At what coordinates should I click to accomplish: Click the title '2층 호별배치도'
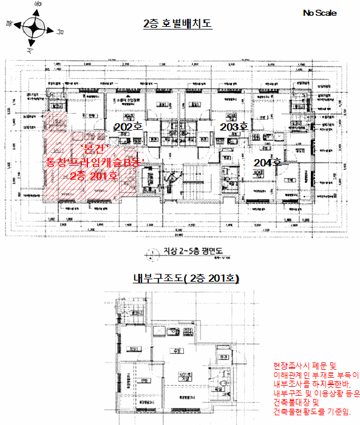[177, 24]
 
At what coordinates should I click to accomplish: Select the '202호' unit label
[129, 126]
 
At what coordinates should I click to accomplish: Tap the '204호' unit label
[267, 162]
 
